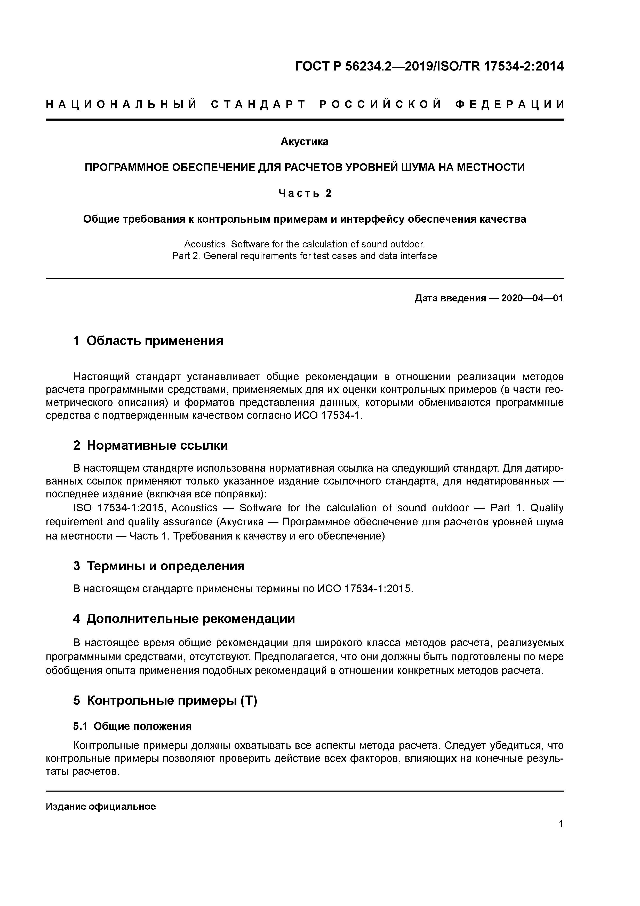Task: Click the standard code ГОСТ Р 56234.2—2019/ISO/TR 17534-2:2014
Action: pos(429,66)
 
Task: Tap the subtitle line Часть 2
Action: pos(305,193)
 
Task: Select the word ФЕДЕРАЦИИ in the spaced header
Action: pos(509,105)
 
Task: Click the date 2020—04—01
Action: pos(532,298)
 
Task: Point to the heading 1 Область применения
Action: pos(148,341)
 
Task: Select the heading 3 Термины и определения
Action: pos(159,566)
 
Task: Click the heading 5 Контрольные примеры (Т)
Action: pos(165,701)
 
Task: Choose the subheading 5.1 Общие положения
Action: pos(132,726)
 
